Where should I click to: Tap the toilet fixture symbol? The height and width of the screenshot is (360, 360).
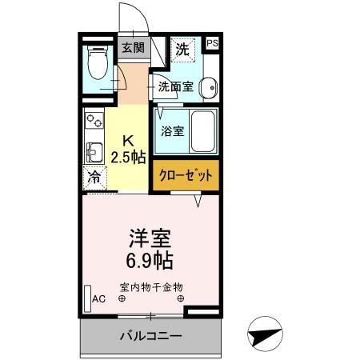click(x=98, y=63)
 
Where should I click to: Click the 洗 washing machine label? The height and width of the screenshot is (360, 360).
click(x=182, y=48)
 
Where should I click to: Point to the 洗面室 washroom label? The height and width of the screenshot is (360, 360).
click(x=174, y=86)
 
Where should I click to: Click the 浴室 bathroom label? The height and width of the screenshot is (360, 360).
click(x=172, y=131)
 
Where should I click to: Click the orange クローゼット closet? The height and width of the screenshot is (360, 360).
click(x=186, y=175)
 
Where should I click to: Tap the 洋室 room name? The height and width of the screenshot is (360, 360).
click(x=150, y=238)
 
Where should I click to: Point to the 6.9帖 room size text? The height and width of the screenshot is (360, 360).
click(x=150, y=260)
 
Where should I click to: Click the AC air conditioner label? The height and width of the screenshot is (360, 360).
click(x=99, y=298)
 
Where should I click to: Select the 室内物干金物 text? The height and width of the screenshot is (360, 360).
click(x=152, y=286)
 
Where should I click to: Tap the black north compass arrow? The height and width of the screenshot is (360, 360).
click(x=266, y=337)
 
